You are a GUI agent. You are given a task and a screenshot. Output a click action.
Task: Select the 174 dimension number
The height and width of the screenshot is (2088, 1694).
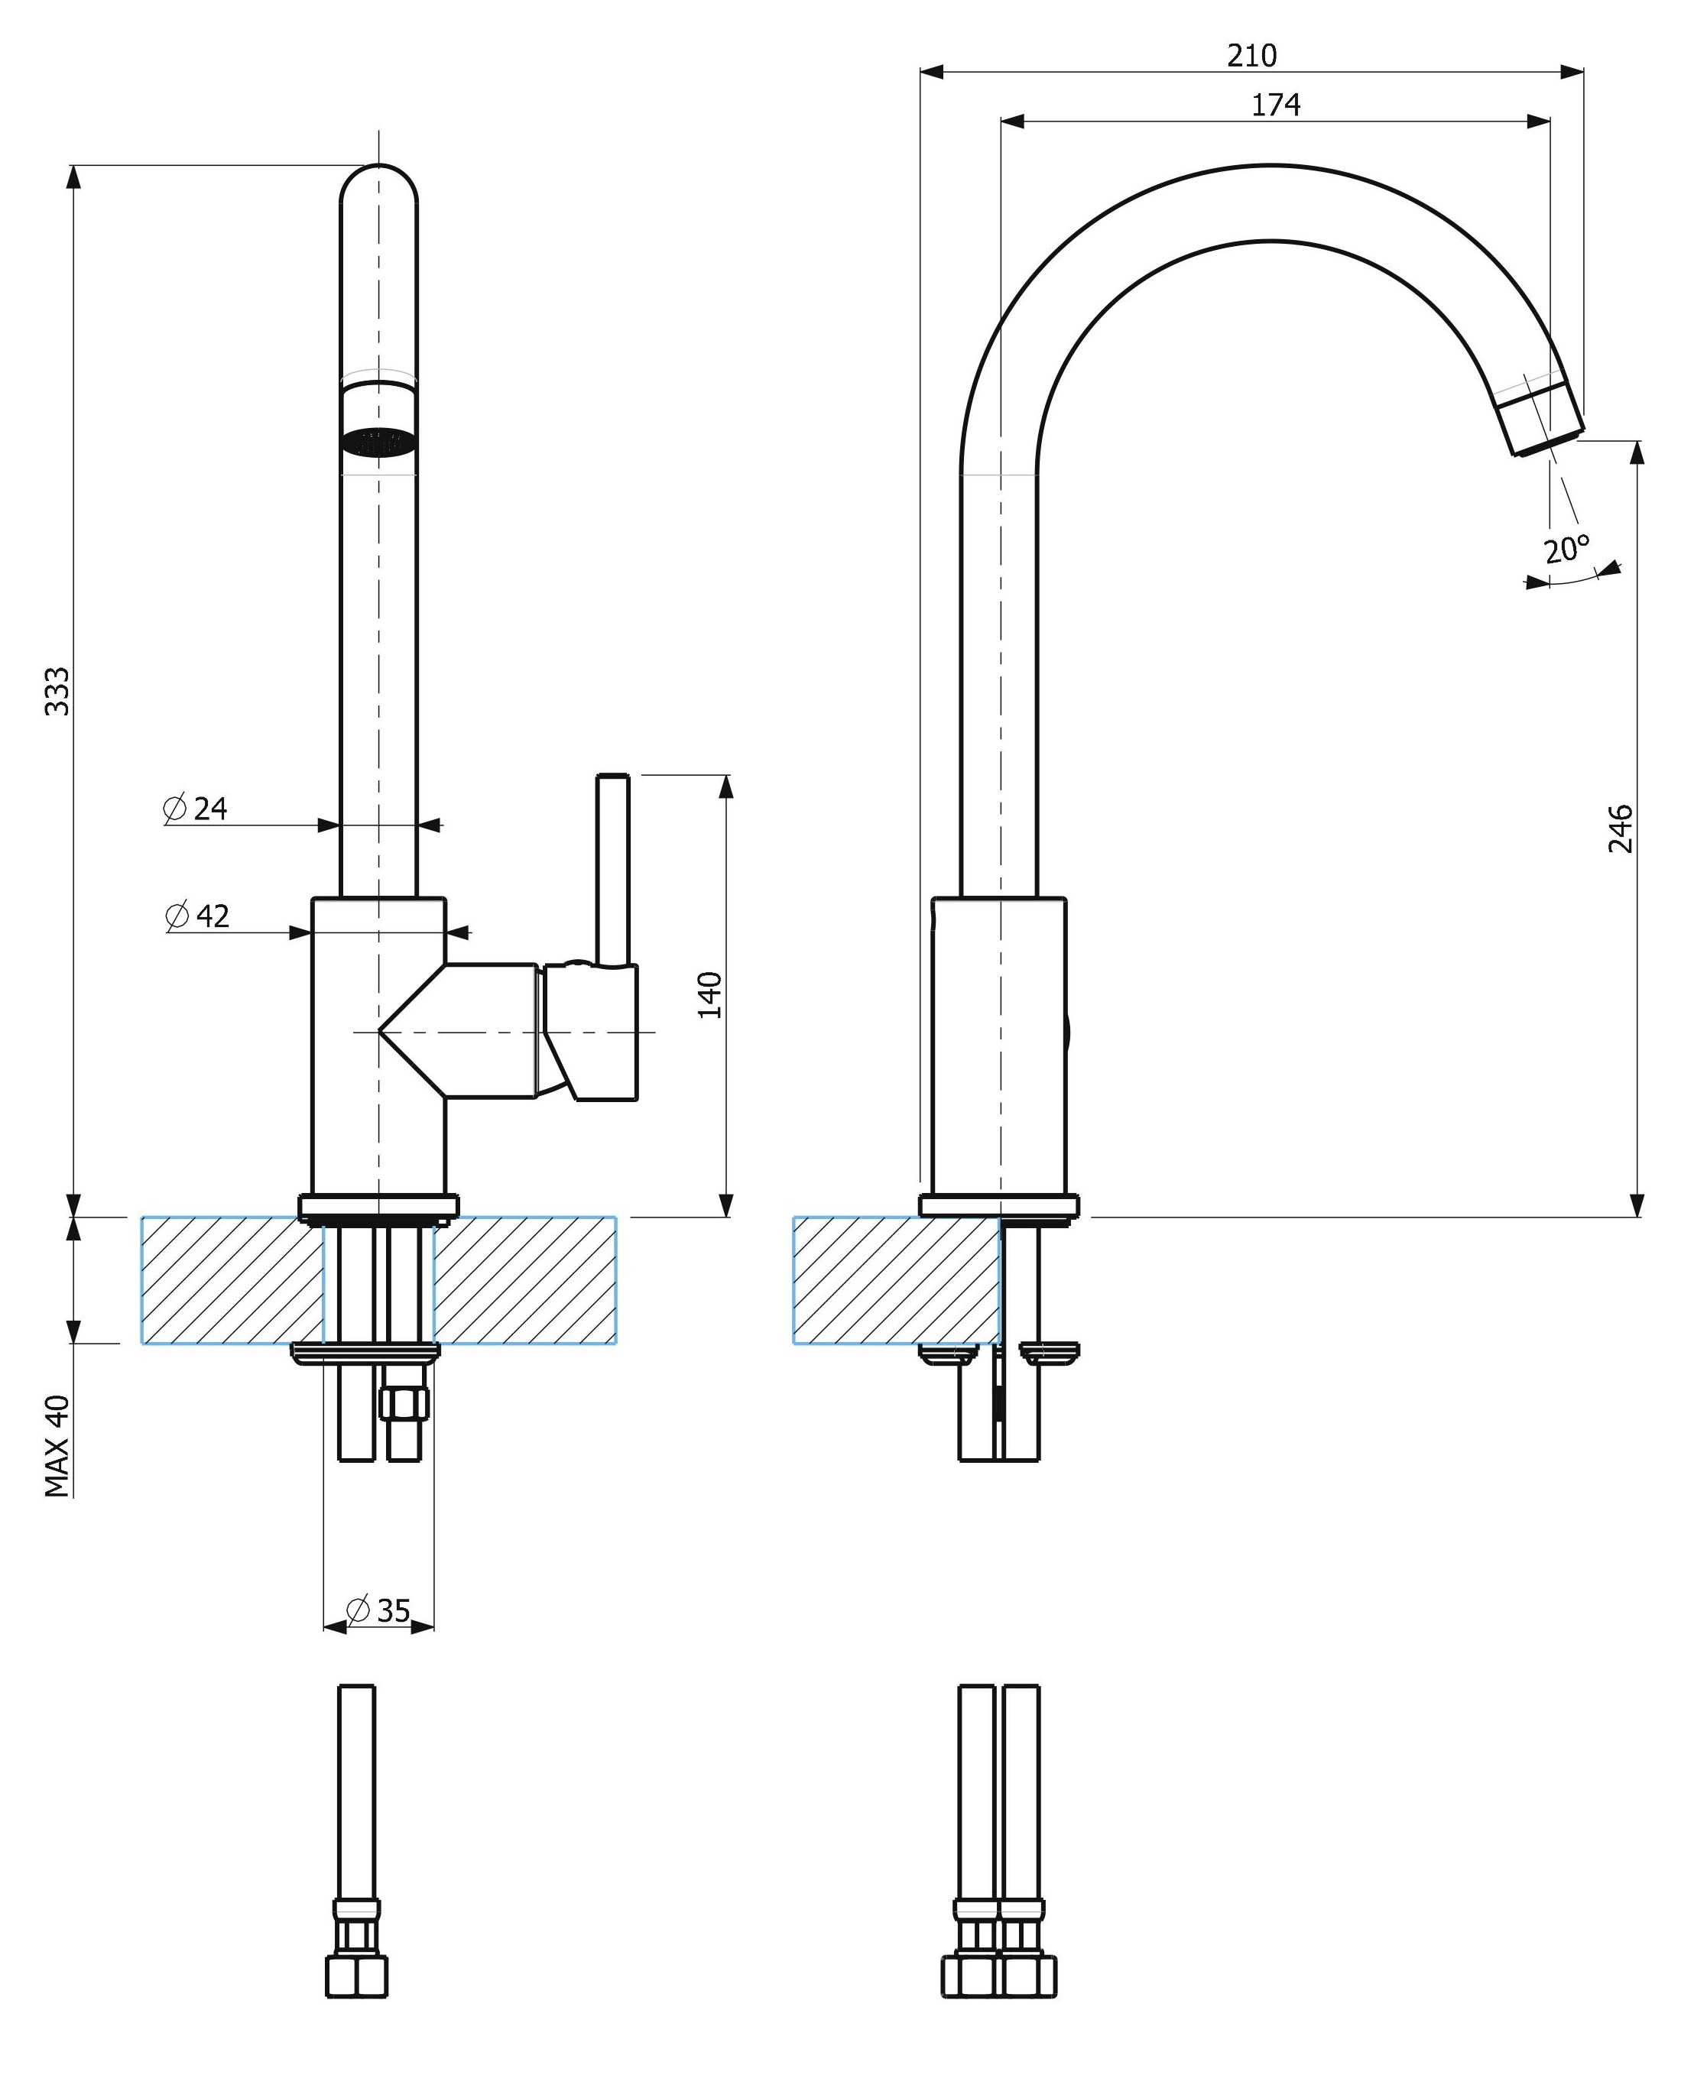pos(1275,105)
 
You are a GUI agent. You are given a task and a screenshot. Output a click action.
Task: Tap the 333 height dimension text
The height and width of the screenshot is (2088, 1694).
pos(57,691)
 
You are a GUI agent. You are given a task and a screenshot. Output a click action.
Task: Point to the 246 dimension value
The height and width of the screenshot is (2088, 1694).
pos(1620,828)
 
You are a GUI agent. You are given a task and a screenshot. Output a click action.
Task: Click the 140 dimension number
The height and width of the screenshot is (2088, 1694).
pos(710,994)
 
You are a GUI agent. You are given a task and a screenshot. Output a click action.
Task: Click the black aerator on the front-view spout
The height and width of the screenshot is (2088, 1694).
pos(378,442)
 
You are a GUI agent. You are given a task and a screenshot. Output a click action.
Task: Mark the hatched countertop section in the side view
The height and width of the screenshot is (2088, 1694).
pos(896,1280)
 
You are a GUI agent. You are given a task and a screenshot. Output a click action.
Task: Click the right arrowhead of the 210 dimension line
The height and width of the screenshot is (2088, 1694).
pos(1571,71)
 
